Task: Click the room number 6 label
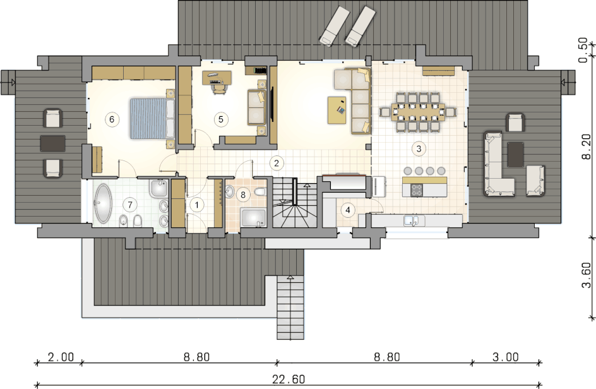pos(112,119)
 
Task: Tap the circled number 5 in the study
pos(221,119)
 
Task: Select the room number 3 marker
pos(419,148)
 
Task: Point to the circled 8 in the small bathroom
pos(243,195)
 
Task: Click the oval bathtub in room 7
pos(103,203)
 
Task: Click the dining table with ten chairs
pos(418,112)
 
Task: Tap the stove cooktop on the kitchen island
pos(417,189)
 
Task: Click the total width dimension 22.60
pos(289,380)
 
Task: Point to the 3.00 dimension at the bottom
pos(506,357)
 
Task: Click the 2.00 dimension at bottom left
pos(61,357)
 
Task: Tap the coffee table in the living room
pos(337,111)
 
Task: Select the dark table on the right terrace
pos(516,154)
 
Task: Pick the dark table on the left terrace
pos(53,143)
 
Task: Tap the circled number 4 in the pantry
pos(347,210)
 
